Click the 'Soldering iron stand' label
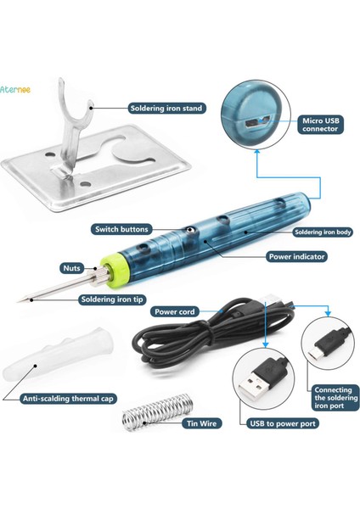click(x=166, y=108)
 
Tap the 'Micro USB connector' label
click(x=320, y=125)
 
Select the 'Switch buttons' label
click(x=121, y=229)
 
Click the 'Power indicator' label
click(x=296, y=256)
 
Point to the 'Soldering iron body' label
click(x=323, y=232)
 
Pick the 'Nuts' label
click(x=71, y=268)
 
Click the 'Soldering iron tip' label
click(x=112, y=299)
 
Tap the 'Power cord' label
click(x=174, y=311)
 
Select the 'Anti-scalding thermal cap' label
click(x=68, y=399)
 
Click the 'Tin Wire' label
click(x=201, y=423)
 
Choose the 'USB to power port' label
click(x=283, y=423)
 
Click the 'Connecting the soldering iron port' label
click(x=335, y=398)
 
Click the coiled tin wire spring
click(x=157, y=411)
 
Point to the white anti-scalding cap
click(x=59, y=355)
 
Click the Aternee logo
click(x=15, y=89)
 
